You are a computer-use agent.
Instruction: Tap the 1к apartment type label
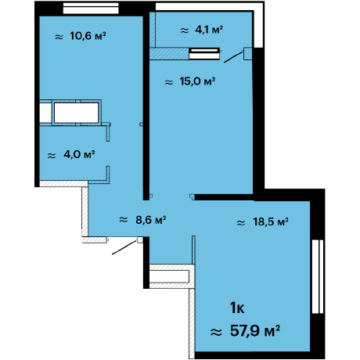click(x=237, y=308)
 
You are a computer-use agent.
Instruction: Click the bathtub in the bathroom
click(x=76, y=113)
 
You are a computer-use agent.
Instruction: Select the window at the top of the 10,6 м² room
click(x=91, y=8)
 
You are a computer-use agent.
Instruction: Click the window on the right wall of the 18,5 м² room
click(x=318, y=276)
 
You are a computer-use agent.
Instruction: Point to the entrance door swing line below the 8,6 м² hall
click(x=124, y=247)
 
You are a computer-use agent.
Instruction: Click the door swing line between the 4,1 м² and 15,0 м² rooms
click(x=233, y=57)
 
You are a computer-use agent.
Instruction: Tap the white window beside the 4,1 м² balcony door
click(x=204, y=53)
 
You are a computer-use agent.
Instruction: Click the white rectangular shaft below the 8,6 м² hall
click(x=169, y=276)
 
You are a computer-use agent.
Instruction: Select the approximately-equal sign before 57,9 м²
click(x=216, y=332)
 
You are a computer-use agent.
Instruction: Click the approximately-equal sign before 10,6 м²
click(x=59, y=37)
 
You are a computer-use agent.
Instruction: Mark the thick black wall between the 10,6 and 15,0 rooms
click(x=146, y=106)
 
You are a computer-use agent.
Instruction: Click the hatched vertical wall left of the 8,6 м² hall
click(x=85, y=211)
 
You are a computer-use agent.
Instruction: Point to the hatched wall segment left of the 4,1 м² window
click(x=169, y=53)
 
